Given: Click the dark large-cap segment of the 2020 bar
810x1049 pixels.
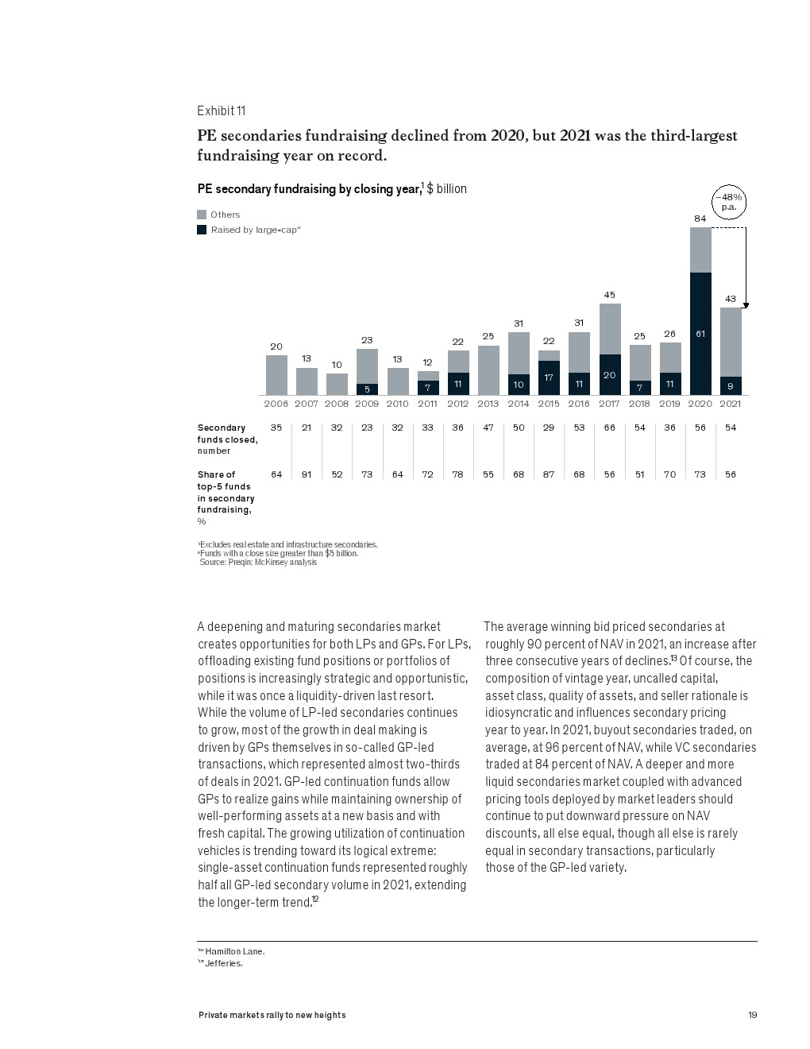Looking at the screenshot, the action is (x=700, y=334).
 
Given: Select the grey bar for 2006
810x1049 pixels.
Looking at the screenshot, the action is (x=276, y=375).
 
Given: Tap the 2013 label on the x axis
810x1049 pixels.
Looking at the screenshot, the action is (x=488, y=404).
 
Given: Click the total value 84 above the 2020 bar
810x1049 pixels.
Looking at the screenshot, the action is (x=700, y=219).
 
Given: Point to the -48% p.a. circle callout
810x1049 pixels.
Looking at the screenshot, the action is (x=729, y=202).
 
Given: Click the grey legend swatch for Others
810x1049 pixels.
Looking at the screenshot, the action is (x=202, y=215).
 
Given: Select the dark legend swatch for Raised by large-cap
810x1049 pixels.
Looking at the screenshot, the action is (x=202, y=230).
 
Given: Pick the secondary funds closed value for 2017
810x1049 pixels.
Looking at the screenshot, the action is (x=609, y=428).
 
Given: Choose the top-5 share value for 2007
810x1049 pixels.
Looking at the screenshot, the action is (x=307, y=474).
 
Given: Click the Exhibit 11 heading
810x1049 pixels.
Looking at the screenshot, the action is (x=222, y=111).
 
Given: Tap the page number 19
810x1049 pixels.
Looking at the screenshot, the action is (x=753, y=1015).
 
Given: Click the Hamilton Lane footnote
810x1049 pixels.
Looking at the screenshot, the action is (x=231, y=951).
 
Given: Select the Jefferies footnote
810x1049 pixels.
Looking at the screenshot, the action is (x=220, y=963).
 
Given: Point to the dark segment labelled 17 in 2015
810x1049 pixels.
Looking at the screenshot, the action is (x=549, y=378).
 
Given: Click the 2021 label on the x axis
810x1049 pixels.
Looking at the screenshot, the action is (x=730, y=404).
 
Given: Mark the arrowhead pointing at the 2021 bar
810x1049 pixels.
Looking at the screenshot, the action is (x=746, y=305).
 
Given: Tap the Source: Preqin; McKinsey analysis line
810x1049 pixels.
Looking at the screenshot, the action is (x=258, y=562).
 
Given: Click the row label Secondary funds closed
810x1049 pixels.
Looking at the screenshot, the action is (x=227, y=439).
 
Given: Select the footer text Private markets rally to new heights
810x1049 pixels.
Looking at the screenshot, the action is (x=272, y=1015).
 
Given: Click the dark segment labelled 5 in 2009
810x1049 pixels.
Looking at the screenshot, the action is (x=367, y=389).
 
